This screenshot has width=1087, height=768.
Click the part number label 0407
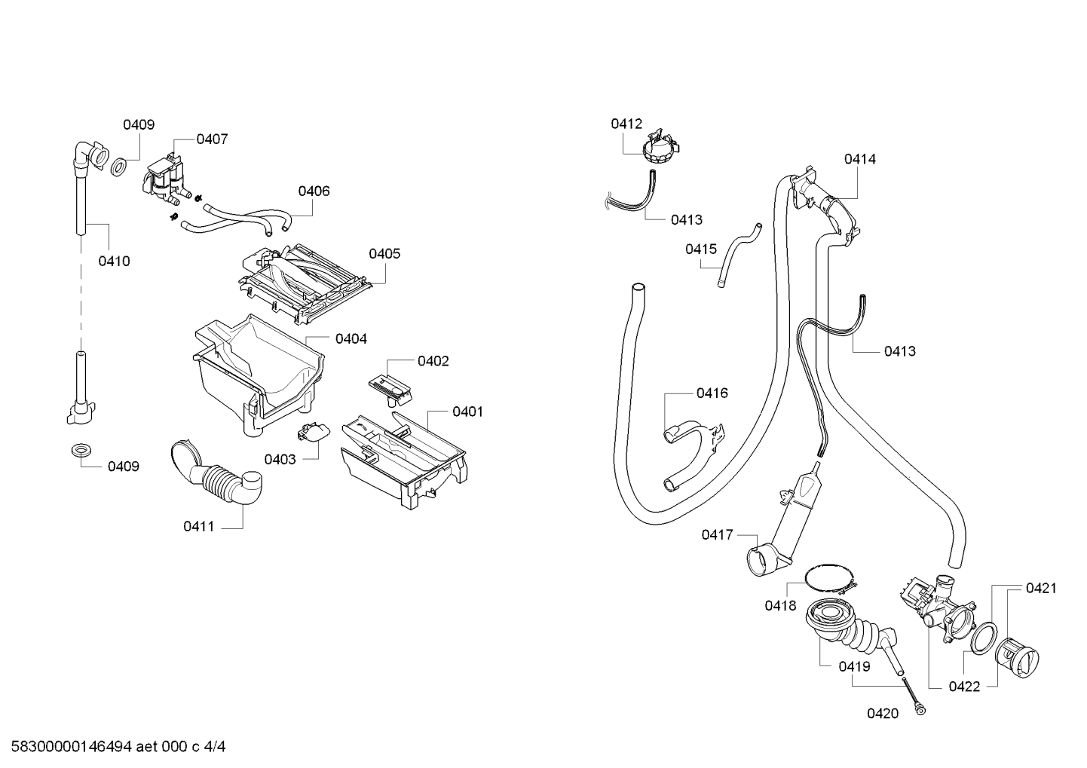pyautogui.click(x=212, y=139)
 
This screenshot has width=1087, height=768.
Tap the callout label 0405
pyautogui.click(x=384, y=254)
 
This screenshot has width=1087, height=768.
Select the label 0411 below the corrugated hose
pyautogui.click(x=198, y=526)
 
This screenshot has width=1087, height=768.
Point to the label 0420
pyautogui.click(x=883, y=713)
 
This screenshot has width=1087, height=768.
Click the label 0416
pyautogui.click(x=712, y=393)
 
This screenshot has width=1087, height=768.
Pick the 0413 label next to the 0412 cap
pyautogui.click(x=687, y=220)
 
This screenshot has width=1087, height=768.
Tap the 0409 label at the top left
pyautogui.click(x=139, y=124)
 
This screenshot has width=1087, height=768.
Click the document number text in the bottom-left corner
pyautogui.click(x=118, y=747)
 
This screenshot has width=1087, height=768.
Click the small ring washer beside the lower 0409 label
pyautogui.click(x=78, y=450)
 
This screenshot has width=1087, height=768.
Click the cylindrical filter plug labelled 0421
pyautogui.click(x=1016, y=657)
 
